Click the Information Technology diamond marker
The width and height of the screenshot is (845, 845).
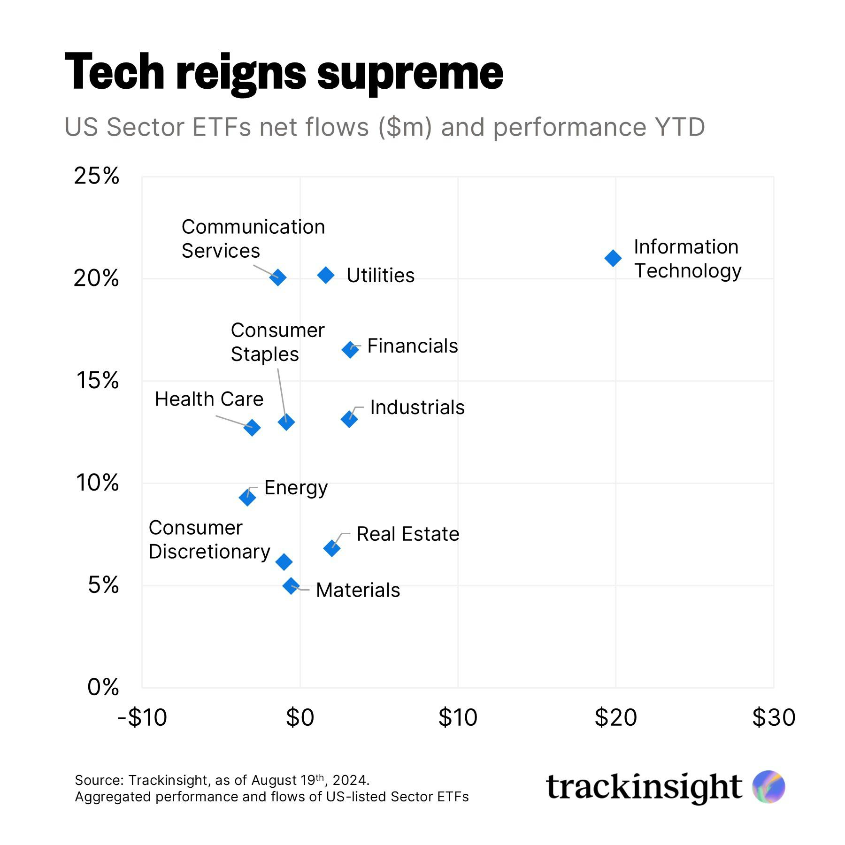[613, 258]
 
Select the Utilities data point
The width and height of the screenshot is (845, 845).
[326, 275]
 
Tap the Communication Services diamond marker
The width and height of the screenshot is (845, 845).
[278, 277]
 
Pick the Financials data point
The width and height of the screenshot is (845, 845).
[350, 350]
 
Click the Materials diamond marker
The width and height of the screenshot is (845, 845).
[291, 585]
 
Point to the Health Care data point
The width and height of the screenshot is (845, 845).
[252, 427]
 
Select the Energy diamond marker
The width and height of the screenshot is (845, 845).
[247, 497]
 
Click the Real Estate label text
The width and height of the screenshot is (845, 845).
[407, 534]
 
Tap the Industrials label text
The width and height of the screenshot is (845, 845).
[417, 407]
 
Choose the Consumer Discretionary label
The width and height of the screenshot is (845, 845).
[209, 540]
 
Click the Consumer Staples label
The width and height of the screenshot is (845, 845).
[277, 342]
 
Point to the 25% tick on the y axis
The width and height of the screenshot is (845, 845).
[96, 176]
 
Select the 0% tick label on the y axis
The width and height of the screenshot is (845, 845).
[103, 687]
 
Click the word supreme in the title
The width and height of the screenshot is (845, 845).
[410, 73]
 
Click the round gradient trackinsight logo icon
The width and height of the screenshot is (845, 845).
[768, 787]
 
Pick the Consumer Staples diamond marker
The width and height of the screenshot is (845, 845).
[286, 422]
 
